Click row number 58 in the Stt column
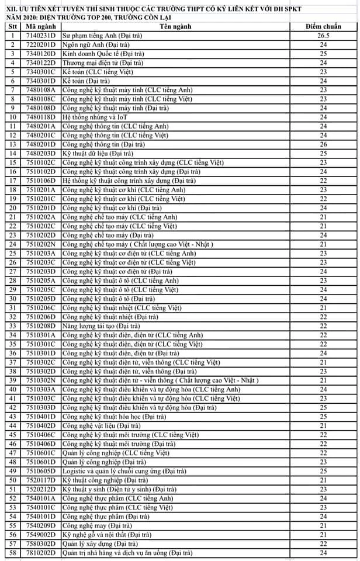12,552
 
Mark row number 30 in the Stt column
12,299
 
